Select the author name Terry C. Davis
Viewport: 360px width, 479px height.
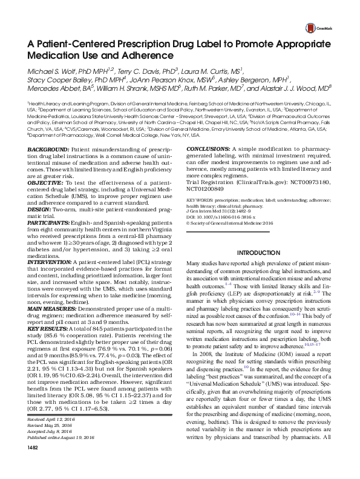tap(139, 71)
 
